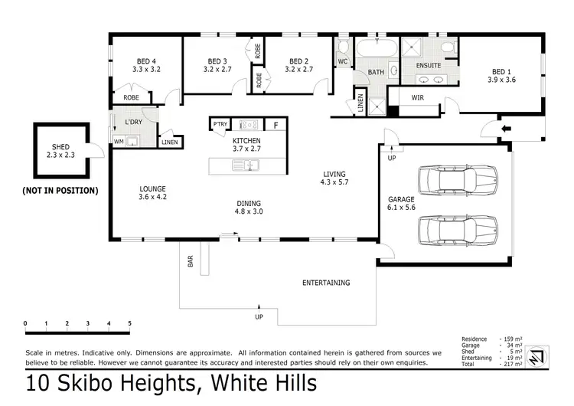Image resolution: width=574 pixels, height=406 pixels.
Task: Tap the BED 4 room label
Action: click(145, 61)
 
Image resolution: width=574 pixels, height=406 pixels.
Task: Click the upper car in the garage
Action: click(457, 182)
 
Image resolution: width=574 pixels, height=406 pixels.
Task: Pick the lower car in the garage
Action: click(457, 228)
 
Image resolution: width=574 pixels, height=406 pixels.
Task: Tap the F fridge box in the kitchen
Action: click(276, 124)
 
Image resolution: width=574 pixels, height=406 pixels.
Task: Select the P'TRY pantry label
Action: click(220, 124)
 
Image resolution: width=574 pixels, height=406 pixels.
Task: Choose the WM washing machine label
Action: click(119, 142)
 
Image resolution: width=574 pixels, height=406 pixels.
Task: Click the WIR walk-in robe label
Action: click(417, 97)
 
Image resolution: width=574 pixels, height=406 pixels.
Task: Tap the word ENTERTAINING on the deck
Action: click(325, 283)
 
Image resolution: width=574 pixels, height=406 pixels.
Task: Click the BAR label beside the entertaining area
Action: click(190, 261)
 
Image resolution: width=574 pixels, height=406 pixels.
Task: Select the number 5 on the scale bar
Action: click(129, 323)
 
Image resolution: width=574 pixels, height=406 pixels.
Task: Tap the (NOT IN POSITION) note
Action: click(60, 190)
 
